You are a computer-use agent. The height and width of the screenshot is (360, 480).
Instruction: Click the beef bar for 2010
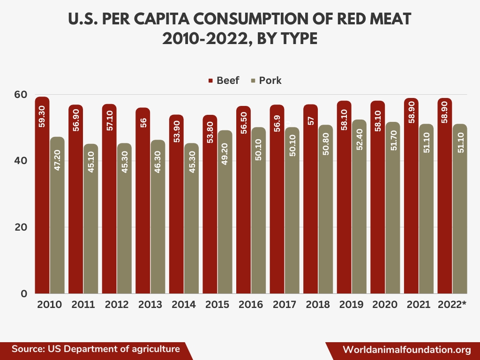tap(42, 197)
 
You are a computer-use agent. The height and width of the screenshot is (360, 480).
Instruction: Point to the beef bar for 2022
tap(444, 197)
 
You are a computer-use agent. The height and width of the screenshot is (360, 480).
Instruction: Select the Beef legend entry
tap(224, 80)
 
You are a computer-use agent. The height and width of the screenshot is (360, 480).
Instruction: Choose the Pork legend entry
tap(267, 80)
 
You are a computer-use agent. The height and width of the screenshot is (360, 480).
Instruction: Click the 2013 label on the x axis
tap(150, 304)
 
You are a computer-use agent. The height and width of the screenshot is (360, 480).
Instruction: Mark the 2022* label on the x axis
tap(452, 304)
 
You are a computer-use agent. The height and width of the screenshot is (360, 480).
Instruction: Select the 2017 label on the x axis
tap(285, 304)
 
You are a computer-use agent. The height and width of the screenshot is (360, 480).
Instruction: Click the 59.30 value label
tap(42, 116)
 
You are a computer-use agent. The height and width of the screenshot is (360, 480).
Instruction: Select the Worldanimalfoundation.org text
tap(407, 350)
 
